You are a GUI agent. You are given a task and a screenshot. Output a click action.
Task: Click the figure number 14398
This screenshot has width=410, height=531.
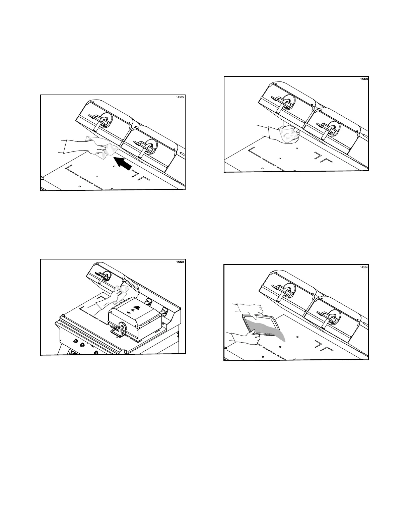180,262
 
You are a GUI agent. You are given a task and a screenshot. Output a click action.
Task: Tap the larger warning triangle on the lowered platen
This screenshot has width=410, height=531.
136,307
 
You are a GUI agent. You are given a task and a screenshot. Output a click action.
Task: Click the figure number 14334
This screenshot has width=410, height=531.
363,268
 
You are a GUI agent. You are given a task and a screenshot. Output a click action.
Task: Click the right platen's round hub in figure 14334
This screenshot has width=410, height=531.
333,315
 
